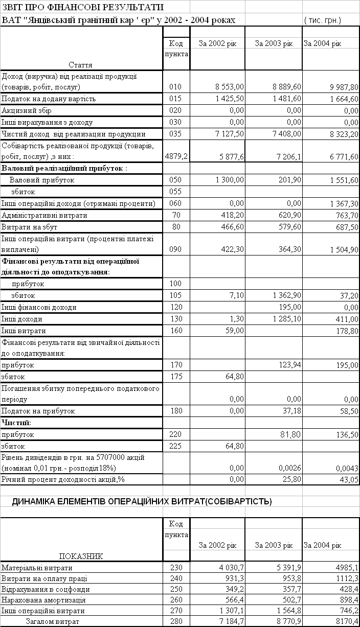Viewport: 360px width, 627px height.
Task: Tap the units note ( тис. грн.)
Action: pos(323,20)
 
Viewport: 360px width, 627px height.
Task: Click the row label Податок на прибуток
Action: pos(38,411)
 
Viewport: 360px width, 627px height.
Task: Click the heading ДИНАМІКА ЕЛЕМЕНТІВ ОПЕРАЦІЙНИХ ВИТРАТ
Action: pos(142,502)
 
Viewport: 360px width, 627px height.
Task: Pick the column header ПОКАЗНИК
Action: pos(81,556)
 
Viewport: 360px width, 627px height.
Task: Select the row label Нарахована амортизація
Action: pos(43,599)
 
